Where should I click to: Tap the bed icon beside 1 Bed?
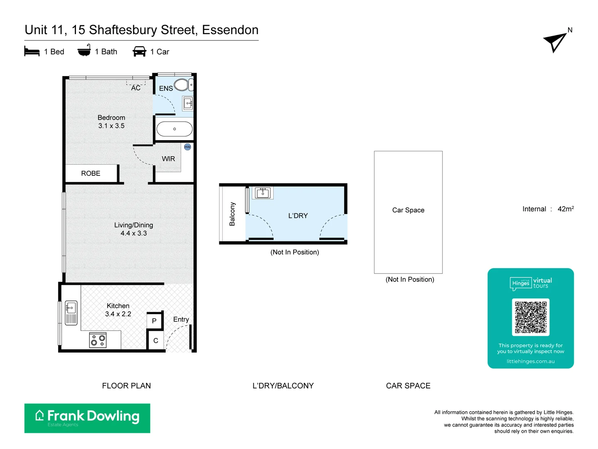32,52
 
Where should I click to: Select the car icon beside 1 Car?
140,52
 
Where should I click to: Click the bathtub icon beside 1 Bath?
84,51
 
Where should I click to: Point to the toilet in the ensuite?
182,85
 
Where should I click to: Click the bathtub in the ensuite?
174,129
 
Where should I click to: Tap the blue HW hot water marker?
187,147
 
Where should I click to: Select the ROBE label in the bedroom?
91,173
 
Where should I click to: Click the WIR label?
168,159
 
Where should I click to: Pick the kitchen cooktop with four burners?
98,340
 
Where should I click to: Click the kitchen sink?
71,313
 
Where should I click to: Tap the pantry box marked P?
154,321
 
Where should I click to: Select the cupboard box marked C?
156,340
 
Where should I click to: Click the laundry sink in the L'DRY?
263,193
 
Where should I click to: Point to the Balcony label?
232,214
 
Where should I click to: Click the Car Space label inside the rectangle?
408,210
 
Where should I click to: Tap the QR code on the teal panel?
531,317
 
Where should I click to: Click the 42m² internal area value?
566,209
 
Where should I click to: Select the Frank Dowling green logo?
87,418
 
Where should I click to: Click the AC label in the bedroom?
136,88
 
